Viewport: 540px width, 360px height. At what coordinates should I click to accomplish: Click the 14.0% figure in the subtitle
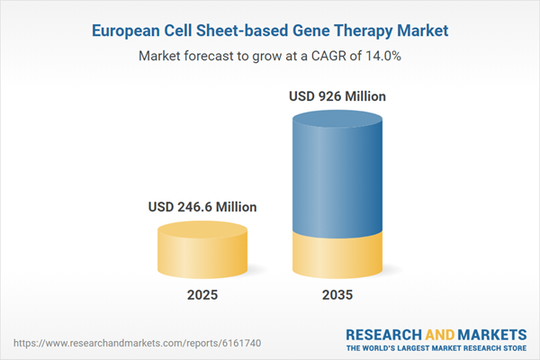(x=380, y=57)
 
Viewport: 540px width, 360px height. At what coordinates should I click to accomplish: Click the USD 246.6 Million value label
(x=202, y=207)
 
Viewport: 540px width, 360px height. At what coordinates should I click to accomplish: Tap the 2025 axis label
(x=202, y=294)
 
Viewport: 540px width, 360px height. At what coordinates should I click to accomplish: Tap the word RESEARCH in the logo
(x=382, y=333)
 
